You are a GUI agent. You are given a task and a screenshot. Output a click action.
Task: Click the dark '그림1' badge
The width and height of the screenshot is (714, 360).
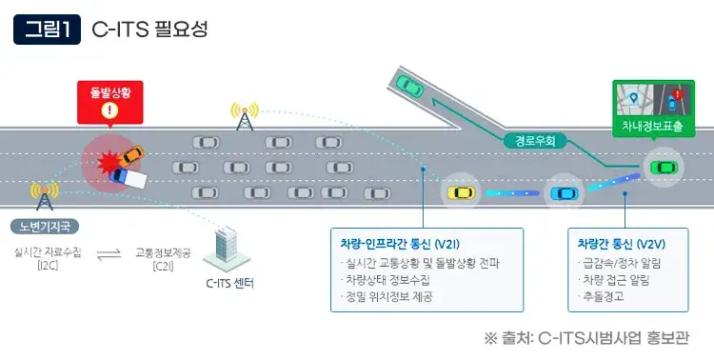(x=47, y=29)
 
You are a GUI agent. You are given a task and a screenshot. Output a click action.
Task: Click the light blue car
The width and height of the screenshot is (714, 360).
(x=563, y=193)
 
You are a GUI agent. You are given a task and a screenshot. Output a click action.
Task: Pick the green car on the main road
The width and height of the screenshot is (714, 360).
(x=660, y=167)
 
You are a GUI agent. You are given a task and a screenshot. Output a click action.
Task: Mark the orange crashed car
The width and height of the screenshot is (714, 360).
(x=130, y=155)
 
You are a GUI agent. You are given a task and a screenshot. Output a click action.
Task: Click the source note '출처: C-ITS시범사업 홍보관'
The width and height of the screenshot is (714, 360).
(x=585, y=338)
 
